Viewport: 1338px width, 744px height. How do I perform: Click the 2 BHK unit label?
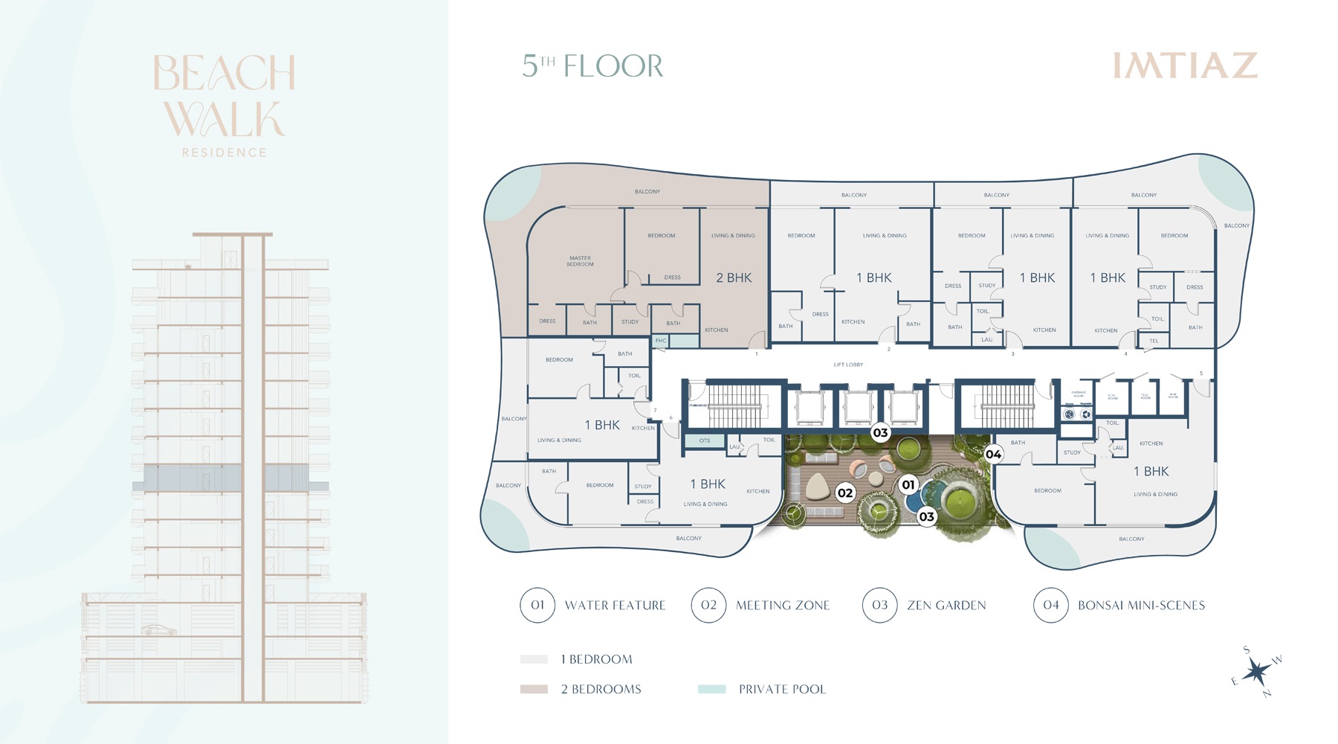(734, 278)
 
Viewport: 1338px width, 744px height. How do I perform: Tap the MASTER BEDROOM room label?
(580, 261)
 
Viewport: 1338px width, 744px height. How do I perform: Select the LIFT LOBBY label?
(848, 365)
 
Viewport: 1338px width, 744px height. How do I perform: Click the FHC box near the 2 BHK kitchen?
(661, 341)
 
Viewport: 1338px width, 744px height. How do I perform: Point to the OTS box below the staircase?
(704, 440)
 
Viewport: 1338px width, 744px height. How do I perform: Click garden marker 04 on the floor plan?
(993, 454)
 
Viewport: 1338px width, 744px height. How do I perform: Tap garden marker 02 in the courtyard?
(845, 493)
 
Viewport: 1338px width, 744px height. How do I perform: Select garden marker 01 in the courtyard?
(908, 485)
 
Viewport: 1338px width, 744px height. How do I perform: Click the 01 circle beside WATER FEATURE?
(537, 605)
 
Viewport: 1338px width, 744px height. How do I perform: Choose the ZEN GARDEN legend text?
(946, 606)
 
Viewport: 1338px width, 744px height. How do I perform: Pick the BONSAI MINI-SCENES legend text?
(1141, 606)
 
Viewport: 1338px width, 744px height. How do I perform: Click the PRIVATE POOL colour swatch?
(711, 689)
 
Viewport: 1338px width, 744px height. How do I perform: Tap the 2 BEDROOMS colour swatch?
(534, 689)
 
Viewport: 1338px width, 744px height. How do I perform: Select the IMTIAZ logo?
(1185, 65)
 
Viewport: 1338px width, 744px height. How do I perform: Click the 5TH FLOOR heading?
(592, 66)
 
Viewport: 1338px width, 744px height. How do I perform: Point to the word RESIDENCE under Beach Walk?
(224, 153)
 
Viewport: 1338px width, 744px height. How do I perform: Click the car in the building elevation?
(159, 630)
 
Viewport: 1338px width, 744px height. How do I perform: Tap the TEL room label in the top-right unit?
(1154, 341)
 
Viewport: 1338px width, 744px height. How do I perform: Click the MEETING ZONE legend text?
(782, 606)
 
